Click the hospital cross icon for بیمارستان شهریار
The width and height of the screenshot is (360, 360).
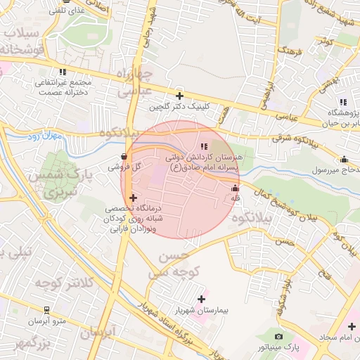click(202, 299)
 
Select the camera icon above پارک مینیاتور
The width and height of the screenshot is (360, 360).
click(279, 337)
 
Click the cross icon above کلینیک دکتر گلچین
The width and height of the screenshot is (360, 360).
click(179, 96)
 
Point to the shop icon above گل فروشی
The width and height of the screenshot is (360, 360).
click(124, 157)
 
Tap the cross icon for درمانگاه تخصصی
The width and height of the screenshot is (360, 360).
click(133, 198)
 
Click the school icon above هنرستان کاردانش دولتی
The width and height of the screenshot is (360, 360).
click(204, 146)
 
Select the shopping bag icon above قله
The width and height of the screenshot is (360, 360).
click(235, 188)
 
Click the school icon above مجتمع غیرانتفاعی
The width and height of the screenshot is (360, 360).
click(64, 72)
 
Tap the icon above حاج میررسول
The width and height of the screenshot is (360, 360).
click(343, 159)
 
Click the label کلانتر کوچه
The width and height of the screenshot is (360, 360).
click(49, 282)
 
